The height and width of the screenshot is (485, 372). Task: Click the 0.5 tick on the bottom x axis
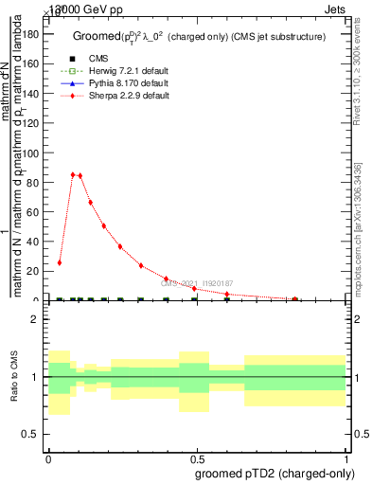point(197,458)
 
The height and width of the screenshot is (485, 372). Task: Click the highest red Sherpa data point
point(73,174)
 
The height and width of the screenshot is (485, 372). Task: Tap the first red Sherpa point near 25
point(60,262)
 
